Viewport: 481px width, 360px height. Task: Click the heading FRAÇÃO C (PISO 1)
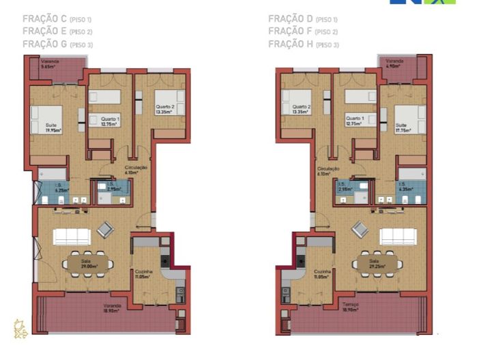click(x=53, y=19)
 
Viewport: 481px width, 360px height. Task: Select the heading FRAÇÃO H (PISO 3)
click(x=303, y=44)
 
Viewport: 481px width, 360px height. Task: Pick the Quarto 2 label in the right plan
click(x=301, y=109)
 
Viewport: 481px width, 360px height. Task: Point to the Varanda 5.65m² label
click(x=50, y=65)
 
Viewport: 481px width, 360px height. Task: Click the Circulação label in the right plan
click(x=328, y=170)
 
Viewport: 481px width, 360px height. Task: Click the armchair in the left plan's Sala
click(x=106, y=230)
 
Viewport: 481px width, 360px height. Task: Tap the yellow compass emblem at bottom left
click(x=20, y=329)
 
